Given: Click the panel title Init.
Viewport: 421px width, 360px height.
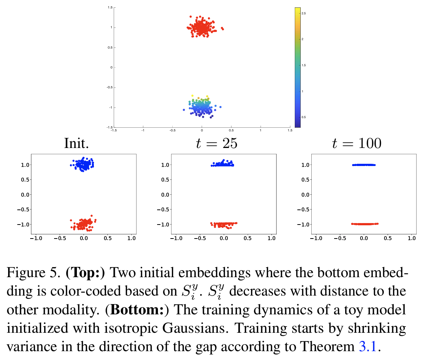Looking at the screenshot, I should (77, 143).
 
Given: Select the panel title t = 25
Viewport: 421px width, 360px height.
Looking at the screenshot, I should (216, 143).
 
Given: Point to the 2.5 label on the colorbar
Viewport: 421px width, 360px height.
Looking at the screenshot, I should (304, 13).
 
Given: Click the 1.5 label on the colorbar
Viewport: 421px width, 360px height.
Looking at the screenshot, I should (304, 65).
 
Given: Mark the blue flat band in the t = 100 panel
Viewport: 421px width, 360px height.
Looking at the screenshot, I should (364, 165).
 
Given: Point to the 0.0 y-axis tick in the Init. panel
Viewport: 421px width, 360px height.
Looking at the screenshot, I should (24, 194).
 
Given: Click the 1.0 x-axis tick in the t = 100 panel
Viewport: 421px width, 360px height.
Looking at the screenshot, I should (411, 238).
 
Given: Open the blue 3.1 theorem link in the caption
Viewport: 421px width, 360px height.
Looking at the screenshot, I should (367, 346).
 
